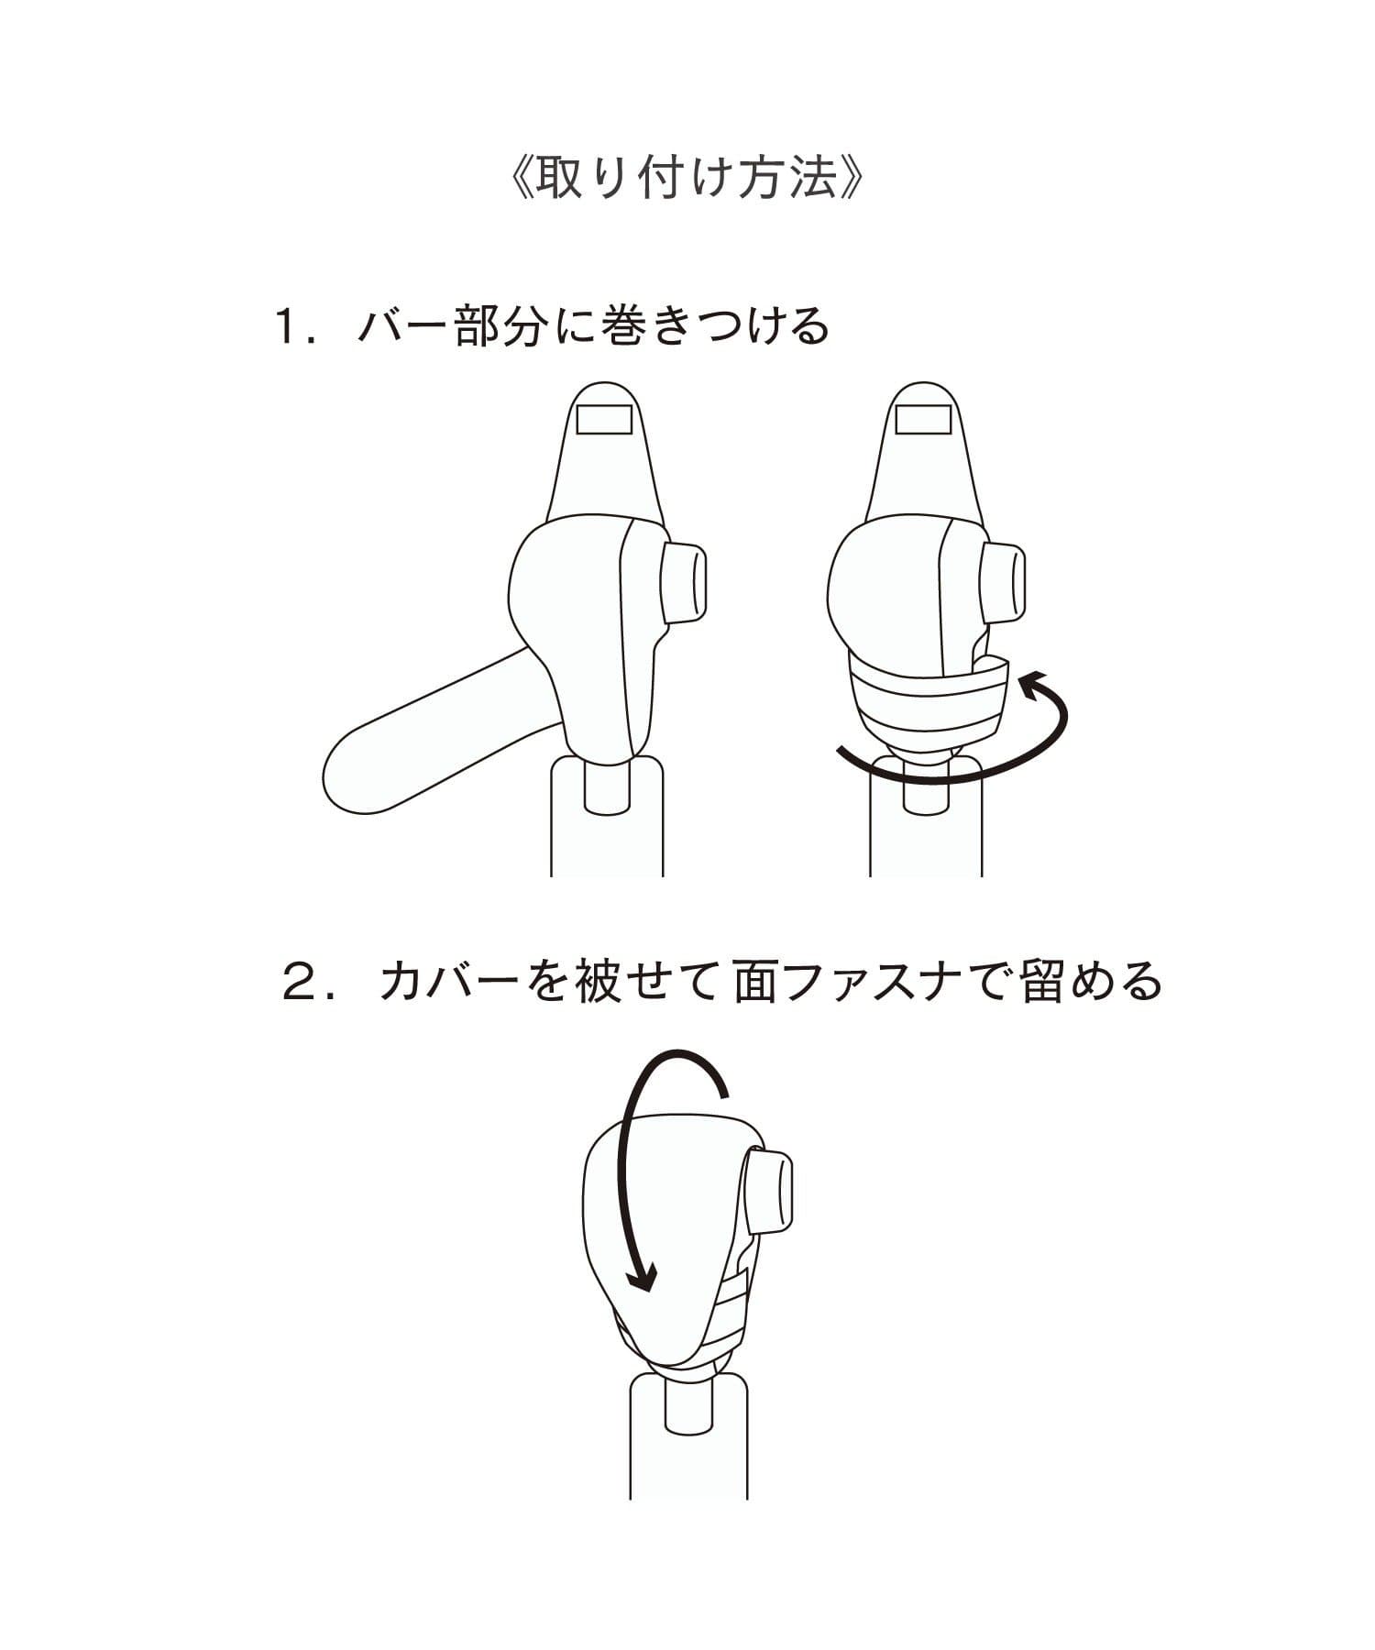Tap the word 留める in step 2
click(1091, 982)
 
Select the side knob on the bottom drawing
click(768, 1192)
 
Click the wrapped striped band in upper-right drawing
click(928, 700)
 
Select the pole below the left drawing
click(606, 816)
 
